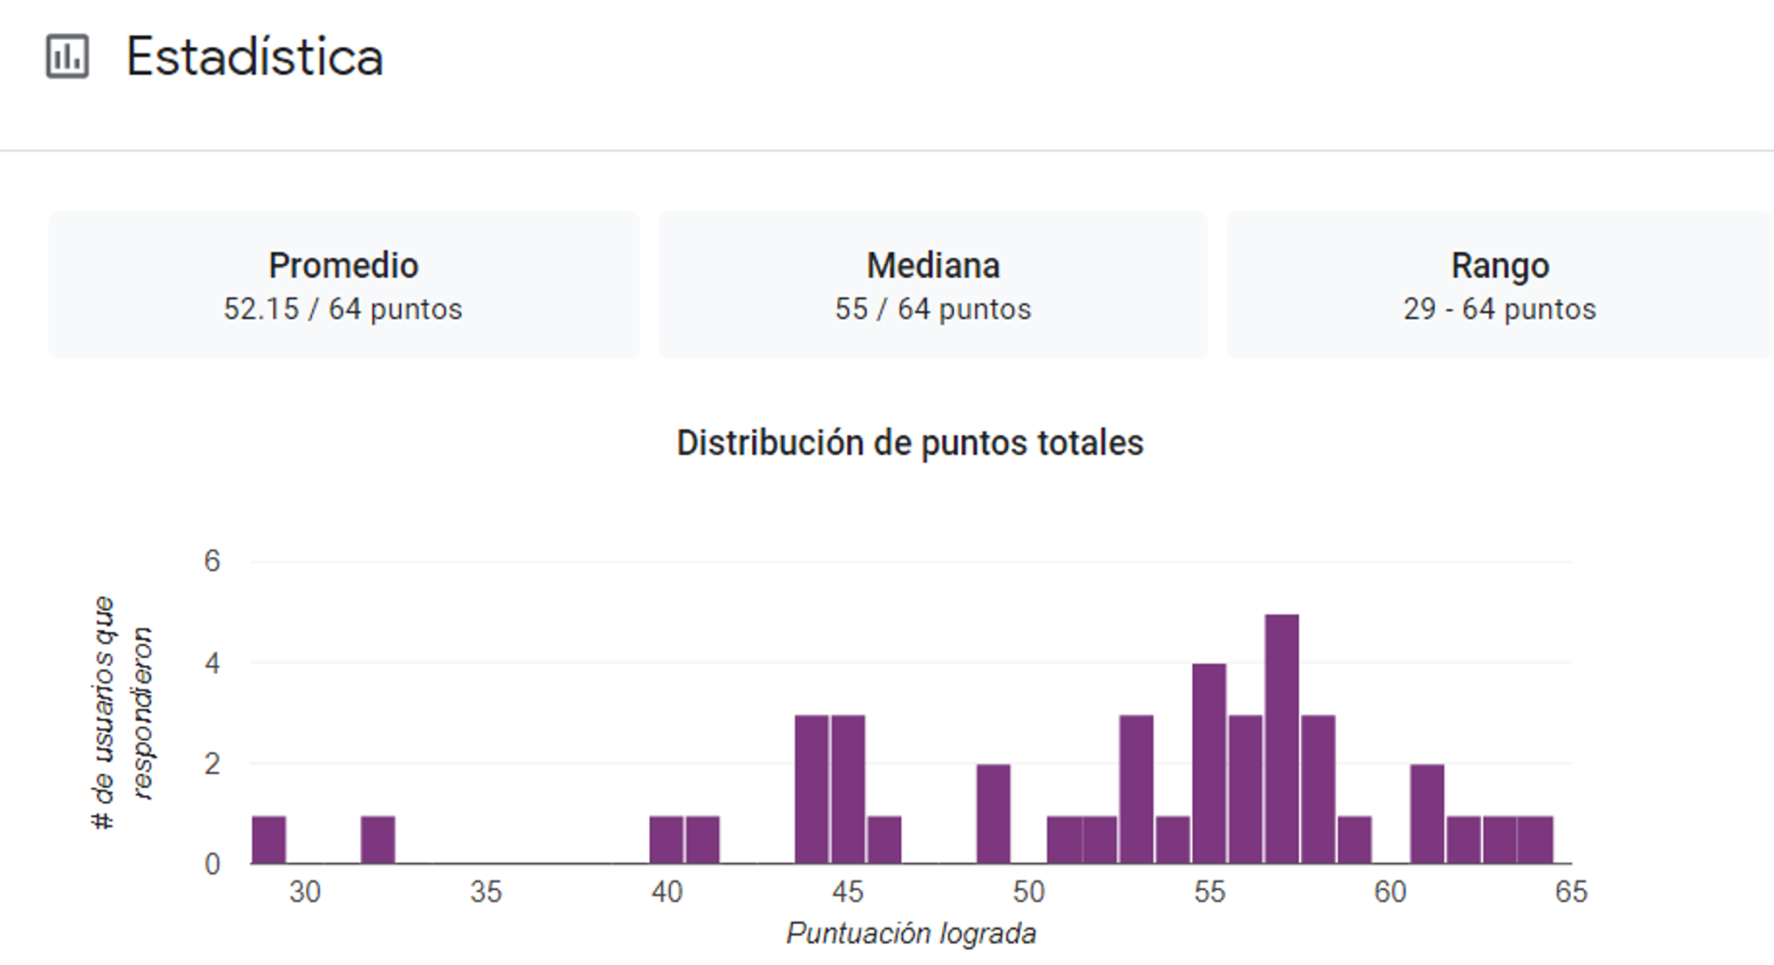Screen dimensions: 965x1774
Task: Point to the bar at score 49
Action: coord(993,814)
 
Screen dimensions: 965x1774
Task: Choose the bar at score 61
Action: coord(1427,814)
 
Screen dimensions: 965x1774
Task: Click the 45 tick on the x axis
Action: coord(848,892)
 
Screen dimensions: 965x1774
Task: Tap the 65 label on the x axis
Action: coord(1571,892)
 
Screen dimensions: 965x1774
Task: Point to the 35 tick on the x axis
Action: coord(486,892)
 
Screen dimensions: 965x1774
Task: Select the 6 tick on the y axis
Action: coord(213,561)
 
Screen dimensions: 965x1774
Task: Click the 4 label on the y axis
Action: coord(213,663)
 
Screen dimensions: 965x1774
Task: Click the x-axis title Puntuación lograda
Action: coord(911,934)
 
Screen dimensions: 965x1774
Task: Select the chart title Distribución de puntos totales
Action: coord(910,443)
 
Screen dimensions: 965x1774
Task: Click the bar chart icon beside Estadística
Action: coord(67,57)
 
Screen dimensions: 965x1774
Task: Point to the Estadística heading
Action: coord(254,58)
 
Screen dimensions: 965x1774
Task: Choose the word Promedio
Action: coord(343,266)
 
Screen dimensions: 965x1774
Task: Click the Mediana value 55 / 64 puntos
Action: coord(932,309)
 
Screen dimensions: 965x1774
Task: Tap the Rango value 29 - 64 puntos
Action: coord(1499,309)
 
